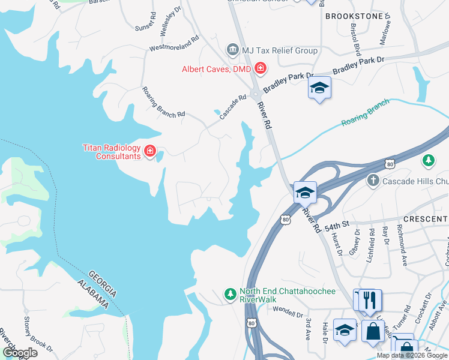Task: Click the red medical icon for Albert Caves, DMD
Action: pyautogui.click(x=261, y=68)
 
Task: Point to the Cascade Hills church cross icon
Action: pyautogui.click(x=373, y=180)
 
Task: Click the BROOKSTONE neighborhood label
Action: pyautogui.click(x=354, y=16)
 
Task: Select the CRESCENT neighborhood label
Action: pyautogui.click(x=426, y=220)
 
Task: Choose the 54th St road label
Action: pyautogui.click(x=337, y=226)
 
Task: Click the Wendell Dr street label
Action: pyautogui.click(x=288, y=311)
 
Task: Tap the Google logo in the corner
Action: pyautogui.click(x=20, y=353)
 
